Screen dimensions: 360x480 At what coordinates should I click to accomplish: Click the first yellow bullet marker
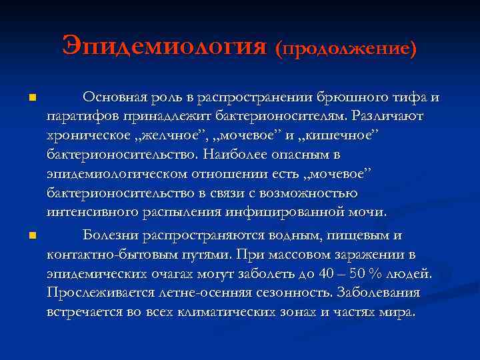click(32, 99)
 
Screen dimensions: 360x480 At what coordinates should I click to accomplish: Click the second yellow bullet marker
click(32, 236)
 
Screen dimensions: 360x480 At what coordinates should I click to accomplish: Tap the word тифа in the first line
click(410, 97)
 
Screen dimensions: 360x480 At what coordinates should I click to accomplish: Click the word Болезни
click(109, 235)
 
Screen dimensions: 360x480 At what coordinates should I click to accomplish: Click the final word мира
click(397, 312)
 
